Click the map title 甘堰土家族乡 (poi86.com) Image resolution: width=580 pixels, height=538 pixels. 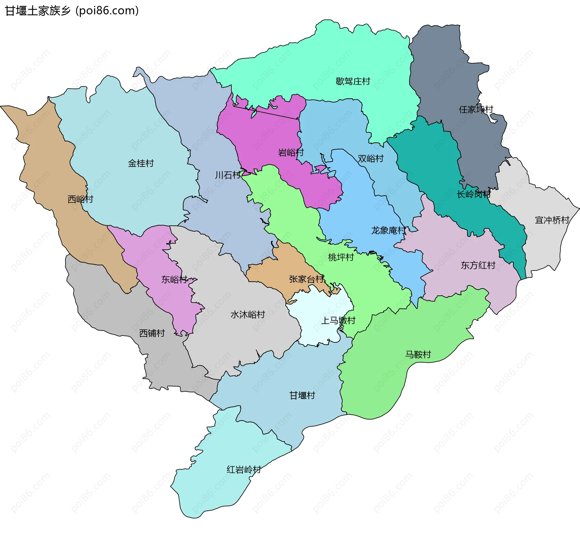pos(72,11)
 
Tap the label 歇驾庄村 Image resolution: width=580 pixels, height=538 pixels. pos(353,81)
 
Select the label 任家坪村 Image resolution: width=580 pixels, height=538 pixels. pos(476,109)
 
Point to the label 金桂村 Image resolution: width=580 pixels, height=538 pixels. pos(141,164)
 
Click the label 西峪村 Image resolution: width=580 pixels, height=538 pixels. pos(80,199)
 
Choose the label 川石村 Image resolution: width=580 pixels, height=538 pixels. pos(228,175)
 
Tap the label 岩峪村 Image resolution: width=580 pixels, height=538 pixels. pos(291,153)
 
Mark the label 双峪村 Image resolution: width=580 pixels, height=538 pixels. pos(371,159)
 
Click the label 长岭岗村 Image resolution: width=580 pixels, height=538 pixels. pos(474,194)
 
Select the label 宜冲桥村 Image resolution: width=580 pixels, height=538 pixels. pos(552,220)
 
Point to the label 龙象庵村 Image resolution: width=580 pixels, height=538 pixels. pos(388,231)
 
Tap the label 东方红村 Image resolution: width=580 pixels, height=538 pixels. pos(478,265)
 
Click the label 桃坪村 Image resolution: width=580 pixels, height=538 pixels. pos(341,258)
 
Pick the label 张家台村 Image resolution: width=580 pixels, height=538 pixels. pos(306,279)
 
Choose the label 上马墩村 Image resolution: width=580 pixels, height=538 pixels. pos(338,320)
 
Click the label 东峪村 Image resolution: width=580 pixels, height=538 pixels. pos(174,280)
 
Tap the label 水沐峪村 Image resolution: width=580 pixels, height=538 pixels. pos(248,315)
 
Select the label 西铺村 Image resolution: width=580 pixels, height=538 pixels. pos(152,333)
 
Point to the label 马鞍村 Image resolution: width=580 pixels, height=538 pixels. pos(418,355)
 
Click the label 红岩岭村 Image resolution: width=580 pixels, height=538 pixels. pos(244,470)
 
